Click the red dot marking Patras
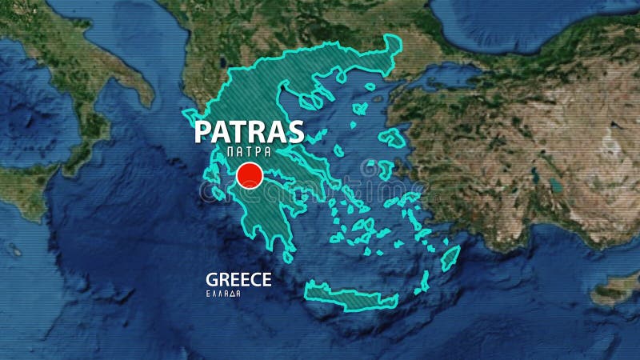[x=250, y=175]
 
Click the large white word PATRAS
[x=249, y=131]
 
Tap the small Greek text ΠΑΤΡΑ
[x=249, y=150]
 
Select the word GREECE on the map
[x=238, y=279]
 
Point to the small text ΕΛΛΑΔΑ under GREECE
[x=223, y=294]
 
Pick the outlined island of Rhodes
[x=450, y=258]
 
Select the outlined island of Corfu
[x=189, y=119]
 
